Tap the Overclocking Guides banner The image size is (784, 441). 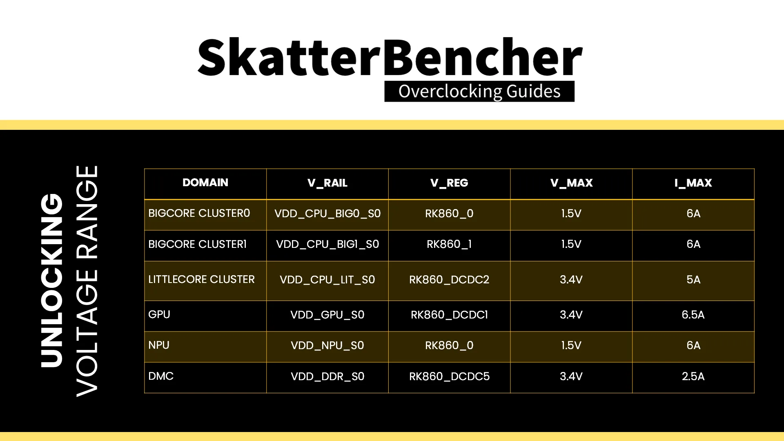[x=479, y=91]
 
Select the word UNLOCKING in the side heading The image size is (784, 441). [x=52, y=280]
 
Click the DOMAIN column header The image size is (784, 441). [x=205, y=183]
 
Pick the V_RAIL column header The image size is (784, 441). [x=327, y=183]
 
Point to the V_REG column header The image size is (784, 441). [x=449, y=183]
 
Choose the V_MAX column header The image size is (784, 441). [x=571, y=183]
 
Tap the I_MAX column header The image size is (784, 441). [x=693, y=183]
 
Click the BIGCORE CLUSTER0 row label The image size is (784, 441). [x=199, y=213]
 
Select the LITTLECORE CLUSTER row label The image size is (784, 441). [x=201, y=279]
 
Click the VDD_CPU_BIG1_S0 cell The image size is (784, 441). [x=327, y=244]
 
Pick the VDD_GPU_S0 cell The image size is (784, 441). [x=327, y=315]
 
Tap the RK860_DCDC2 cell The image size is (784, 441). [x=449, y=280]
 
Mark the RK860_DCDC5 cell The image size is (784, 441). [x=449, y=376]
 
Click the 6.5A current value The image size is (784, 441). [x=693, y=315]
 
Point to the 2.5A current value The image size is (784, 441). [x=693, y=376]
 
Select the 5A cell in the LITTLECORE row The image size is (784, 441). [x=693, y=280]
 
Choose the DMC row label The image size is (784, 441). [x=161, y=376]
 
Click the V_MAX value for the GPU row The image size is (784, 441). [x=571, y=315]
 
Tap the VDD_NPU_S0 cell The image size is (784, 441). [x=327, y=345]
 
